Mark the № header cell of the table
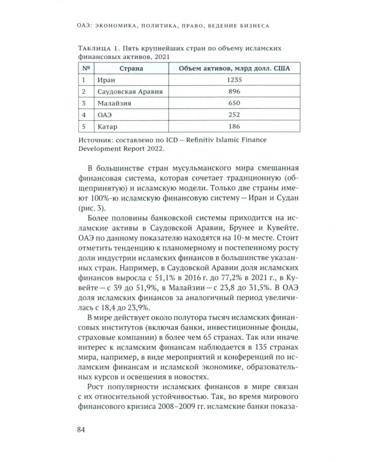86,68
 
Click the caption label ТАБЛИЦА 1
97,47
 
